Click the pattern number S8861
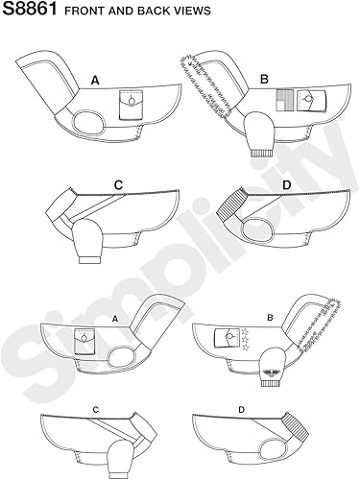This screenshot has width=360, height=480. tap(30, 9)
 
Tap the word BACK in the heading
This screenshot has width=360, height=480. tap(153, 11)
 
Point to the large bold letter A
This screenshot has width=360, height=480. tap(95, 80)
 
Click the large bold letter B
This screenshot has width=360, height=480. tap(264, 79)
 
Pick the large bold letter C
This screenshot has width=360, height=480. tap(118, 185)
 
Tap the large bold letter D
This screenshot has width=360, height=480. tap(287, 185)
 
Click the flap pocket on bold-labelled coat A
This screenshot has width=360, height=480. tap(132, 105)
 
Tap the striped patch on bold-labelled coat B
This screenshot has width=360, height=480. tap(285, 101)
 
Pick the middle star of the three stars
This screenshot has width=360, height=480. tap(246, 339)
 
